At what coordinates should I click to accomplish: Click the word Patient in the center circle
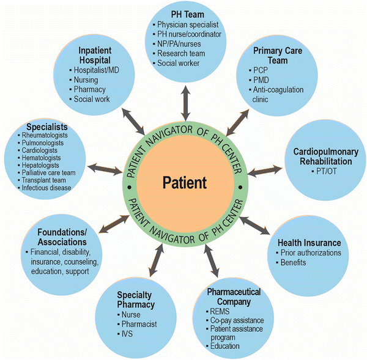click(x=184, y=182)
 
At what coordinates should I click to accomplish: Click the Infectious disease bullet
click(x=46, y=188)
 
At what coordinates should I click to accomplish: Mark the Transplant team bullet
click(x=44, y=180)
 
